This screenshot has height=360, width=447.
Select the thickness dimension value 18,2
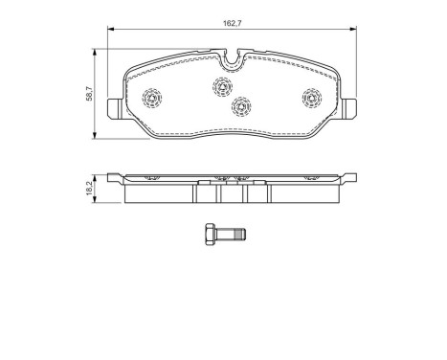tap(89, 190)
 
